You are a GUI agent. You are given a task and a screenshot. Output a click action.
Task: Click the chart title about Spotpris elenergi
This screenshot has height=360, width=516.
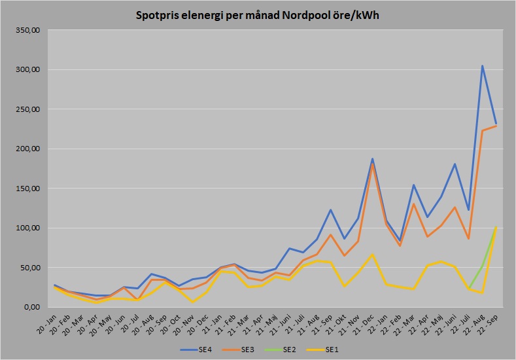257,14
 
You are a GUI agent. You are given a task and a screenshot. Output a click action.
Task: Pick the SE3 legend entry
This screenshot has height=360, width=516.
245,349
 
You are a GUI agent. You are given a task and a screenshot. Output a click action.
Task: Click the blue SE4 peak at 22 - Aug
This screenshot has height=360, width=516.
482,65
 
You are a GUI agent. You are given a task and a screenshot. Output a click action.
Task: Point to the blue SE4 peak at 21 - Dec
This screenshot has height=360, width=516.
372,159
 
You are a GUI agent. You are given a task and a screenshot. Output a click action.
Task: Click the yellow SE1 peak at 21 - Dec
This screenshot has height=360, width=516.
372,254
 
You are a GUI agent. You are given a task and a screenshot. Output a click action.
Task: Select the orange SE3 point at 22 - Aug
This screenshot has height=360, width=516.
482,130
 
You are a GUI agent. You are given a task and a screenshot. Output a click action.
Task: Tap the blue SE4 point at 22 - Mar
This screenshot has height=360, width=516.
413,185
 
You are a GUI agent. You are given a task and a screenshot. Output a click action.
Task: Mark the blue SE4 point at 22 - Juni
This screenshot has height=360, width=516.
455,164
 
